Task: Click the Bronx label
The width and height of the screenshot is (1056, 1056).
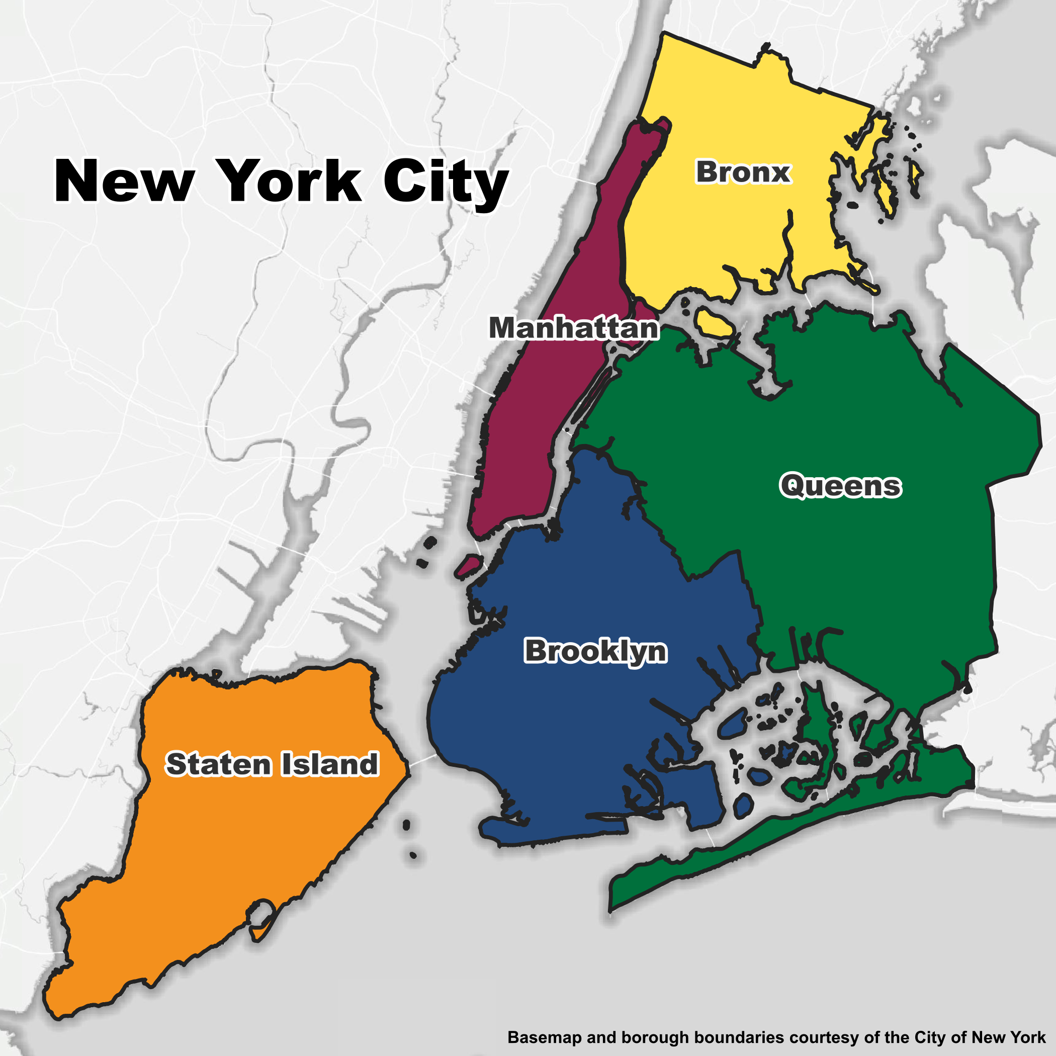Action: coord(743,172)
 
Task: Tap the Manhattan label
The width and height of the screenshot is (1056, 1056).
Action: coord(573,328)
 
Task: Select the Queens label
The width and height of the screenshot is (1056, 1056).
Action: coord(840,485)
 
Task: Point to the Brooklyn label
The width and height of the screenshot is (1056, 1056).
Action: coord(595,651)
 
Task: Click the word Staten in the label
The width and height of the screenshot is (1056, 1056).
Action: coord(218,764)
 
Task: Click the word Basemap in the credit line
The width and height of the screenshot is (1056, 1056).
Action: coord(544,1037)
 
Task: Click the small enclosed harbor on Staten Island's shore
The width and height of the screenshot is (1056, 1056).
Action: coord(262,912)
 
